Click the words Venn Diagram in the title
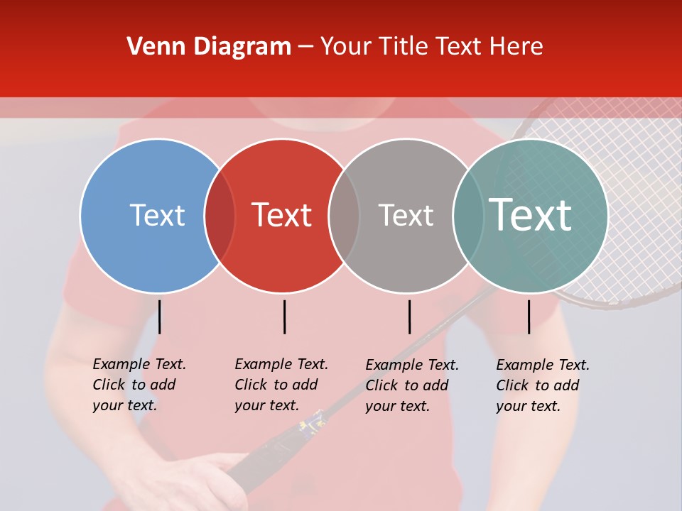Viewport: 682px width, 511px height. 209,47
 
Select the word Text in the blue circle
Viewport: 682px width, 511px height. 157,216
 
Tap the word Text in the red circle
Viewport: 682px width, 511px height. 282,216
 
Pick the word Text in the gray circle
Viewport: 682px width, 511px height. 406,216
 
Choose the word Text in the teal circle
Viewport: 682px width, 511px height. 531,215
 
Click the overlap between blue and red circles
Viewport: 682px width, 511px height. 220,216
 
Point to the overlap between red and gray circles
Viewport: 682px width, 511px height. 345,216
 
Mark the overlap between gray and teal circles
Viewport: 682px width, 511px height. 468,216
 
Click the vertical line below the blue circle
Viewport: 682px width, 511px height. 160,317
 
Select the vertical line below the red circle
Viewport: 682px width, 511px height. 284,317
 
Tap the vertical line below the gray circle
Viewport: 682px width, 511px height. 409,317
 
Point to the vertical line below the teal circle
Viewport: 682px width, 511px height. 529,317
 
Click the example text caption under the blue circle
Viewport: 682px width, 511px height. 139,385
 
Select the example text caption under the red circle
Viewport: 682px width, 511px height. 281,385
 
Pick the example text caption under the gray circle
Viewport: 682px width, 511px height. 411,385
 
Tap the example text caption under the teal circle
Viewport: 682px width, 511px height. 542,385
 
